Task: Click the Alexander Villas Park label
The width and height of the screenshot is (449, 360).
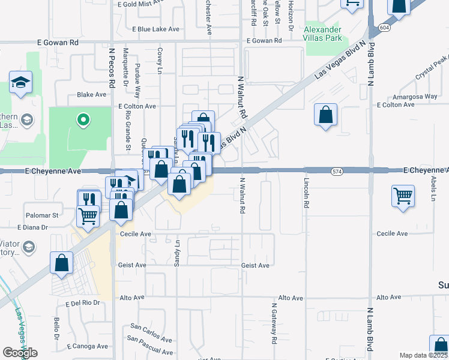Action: (322, 34)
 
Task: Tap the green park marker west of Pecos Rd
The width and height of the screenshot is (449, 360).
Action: (83, 120)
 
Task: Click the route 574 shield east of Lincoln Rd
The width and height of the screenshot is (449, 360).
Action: (337, 172)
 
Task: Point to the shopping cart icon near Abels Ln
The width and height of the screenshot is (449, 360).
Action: (403, 195)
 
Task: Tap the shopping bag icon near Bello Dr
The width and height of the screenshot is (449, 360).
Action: (61, 262)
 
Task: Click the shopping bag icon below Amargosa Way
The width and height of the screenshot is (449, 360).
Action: (325, 115)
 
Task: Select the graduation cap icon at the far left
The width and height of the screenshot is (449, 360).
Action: (20, 82)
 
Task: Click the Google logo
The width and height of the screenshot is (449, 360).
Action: (20, 353)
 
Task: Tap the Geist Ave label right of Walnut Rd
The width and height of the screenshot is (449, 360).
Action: (255, 265)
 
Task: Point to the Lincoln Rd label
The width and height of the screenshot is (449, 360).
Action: (306, 193)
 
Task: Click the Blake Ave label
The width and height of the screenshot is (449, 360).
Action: (91, 95)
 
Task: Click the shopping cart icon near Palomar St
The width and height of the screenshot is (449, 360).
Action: (88, 215)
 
